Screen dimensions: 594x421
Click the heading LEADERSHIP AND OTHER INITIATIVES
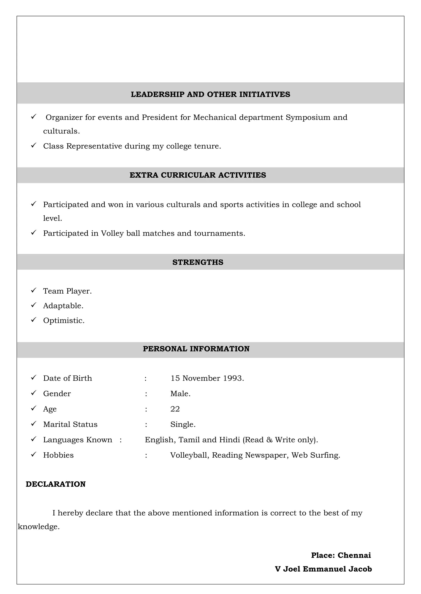coord(210,94)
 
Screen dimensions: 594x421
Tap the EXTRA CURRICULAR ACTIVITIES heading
coord(198,175)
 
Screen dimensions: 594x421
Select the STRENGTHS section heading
coord(198,262)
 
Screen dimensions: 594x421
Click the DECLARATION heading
coord(56,484)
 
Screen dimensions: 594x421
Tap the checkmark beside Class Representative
coord(34,146)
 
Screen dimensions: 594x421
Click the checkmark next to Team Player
coord(34,291)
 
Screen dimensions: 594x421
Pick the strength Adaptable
coord(63,306)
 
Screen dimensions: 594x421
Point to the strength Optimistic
coord(64,321)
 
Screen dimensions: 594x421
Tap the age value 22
coord(175,409)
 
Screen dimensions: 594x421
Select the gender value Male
coord(180,394)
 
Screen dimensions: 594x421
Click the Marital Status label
coord(70,424)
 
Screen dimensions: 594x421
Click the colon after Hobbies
coord(146,455)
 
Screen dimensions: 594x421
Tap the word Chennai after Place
coord(354,555)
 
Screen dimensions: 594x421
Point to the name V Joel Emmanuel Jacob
coord(323,569)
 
